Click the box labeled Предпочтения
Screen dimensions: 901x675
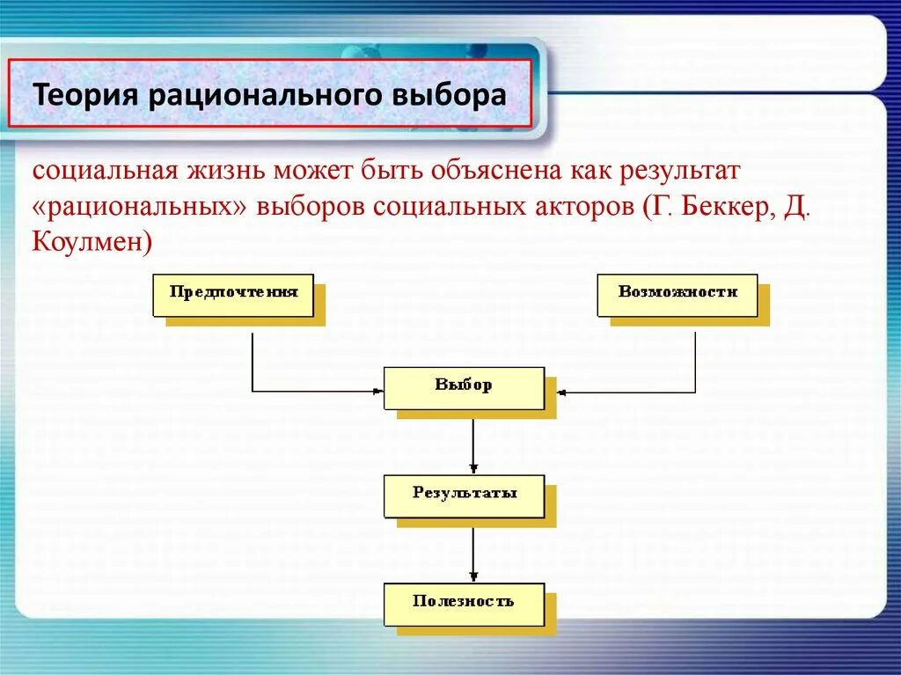point(233,294)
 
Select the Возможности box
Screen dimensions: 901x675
point(677,294)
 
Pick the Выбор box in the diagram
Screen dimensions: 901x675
point(464,387)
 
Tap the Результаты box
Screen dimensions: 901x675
point(464,495)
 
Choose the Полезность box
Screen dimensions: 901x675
point(464,604)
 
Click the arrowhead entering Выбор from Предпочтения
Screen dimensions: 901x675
point(378,391)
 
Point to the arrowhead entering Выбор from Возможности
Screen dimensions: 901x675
point(561,391)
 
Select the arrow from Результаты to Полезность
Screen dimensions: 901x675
point(473,554)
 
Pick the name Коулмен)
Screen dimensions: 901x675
point(92,242)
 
